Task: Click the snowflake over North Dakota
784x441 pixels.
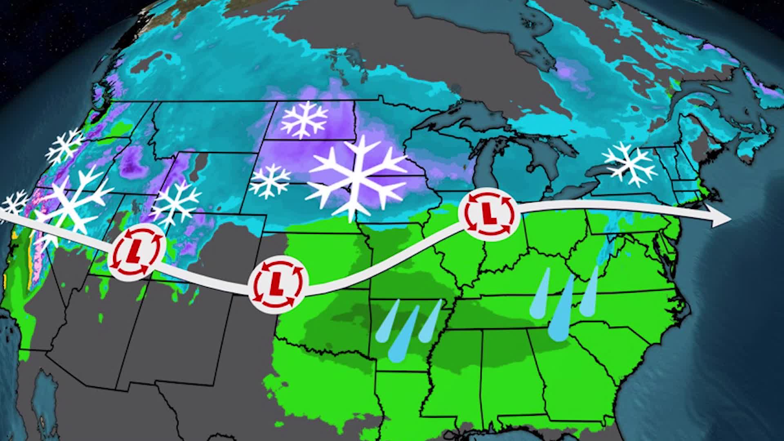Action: coord(305,119)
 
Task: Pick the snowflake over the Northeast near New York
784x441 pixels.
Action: coord(630,164)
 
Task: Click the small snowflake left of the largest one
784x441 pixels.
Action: coord(269,181)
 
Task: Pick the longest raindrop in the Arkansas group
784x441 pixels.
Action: coord(402,335)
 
